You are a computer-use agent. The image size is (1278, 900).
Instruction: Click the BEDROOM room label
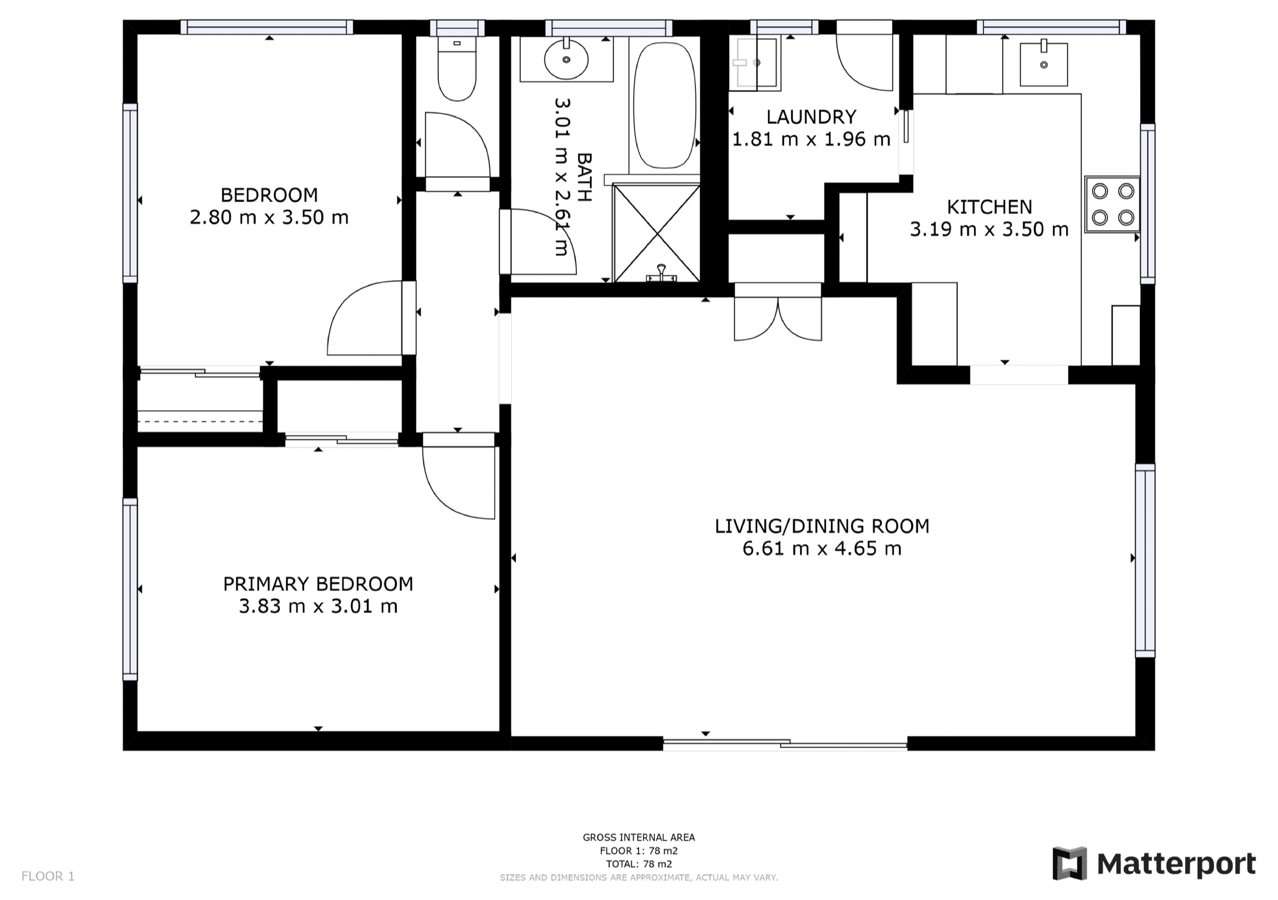click(269, 195)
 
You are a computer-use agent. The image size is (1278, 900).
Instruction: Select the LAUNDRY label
click(811, 117)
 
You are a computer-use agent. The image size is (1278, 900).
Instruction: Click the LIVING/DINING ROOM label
click(822, 526)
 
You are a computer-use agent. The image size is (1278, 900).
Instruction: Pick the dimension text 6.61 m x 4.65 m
click(822, 549)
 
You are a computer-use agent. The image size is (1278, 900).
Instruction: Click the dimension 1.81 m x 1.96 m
click(811, 139)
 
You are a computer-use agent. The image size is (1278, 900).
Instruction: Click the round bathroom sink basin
click(566, 60)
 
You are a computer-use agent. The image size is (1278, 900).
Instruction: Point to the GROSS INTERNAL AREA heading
click(639, 837)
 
